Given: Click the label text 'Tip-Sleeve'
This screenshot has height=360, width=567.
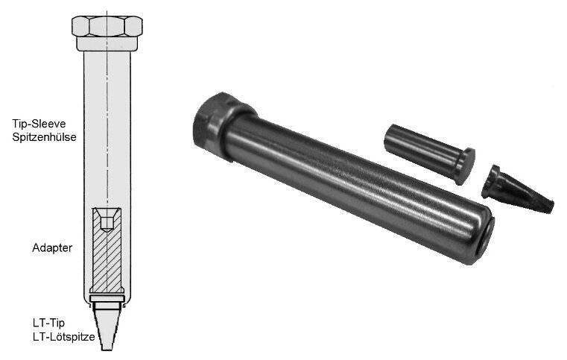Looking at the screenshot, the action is pos(39,124).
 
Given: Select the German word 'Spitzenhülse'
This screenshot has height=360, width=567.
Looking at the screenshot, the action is pos(44,137).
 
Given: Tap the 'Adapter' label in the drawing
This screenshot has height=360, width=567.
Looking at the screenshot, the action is pos(52,248).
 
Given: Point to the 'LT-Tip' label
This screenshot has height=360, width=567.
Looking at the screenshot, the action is pos(49,323).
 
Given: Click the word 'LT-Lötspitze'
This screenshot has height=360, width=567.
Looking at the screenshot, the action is pos(63,337).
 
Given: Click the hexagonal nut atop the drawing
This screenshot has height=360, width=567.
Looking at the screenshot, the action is pos(107,26).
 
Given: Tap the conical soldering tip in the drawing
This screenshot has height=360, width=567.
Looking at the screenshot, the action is pos(107,326).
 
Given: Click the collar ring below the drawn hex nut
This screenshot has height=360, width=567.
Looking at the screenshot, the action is pos(107,43).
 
